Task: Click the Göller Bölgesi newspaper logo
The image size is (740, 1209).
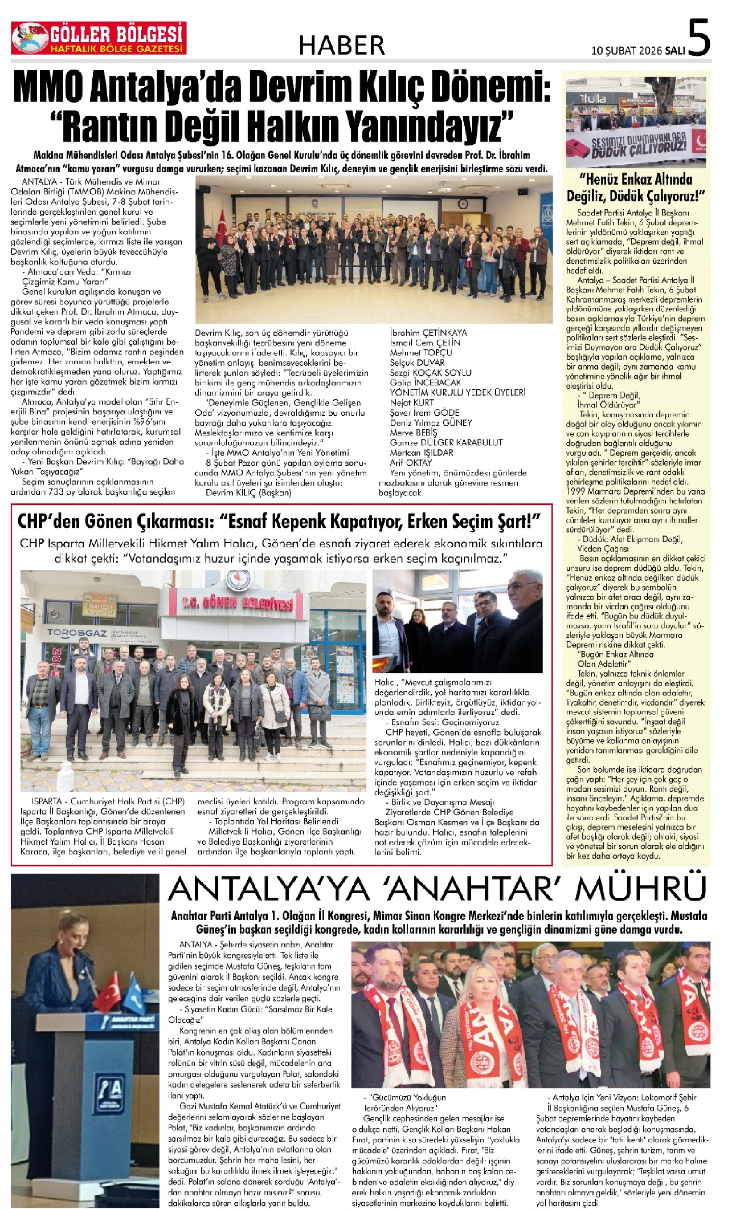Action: [x=99, y=38]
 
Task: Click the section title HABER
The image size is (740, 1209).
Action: [x=342, y=45]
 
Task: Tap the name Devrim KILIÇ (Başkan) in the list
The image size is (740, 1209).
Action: [x=248, y=493]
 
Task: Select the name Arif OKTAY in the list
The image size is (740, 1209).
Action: [x=411, y=462]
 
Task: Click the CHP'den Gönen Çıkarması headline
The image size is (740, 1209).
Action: [x=279, y=521]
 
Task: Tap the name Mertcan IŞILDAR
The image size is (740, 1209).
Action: [x=421, y=452]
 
